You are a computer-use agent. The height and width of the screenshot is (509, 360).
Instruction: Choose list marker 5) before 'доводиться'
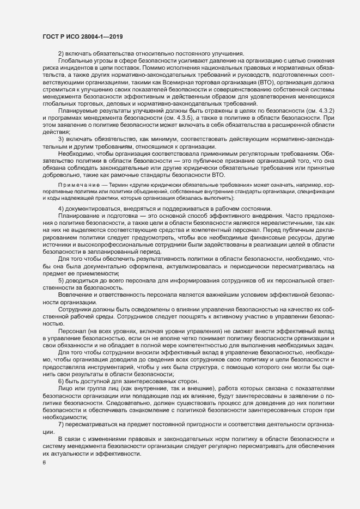click(x=61, y=280)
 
